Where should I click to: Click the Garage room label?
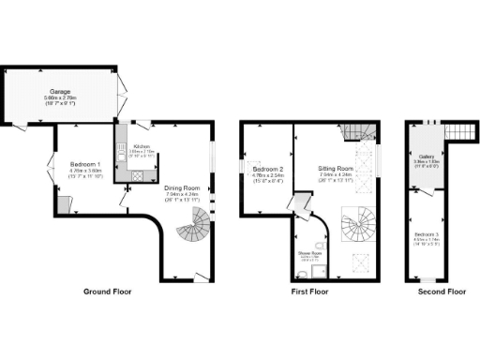[60, 92]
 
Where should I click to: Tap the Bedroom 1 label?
[85, 164]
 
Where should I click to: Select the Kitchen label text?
[142, 146]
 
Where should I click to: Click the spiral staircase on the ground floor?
[196, 226]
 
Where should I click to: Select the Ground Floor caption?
[110, 292]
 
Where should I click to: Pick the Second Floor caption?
[442, 292]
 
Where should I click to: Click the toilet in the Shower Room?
[300, 273]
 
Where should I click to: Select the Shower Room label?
[310, 252]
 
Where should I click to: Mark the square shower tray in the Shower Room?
[321, 270]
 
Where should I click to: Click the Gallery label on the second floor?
[427, 157]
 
